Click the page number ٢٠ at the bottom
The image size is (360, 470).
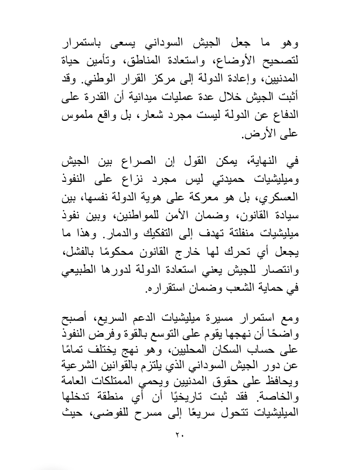coord(180,434)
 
